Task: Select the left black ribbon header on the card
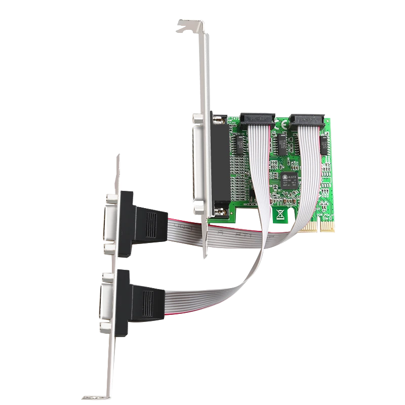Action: (x=258, y=119)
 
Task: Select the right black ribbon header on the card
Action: (x=308, y=120)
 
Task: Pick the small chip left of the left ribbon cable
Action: (x=239, y=144)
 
